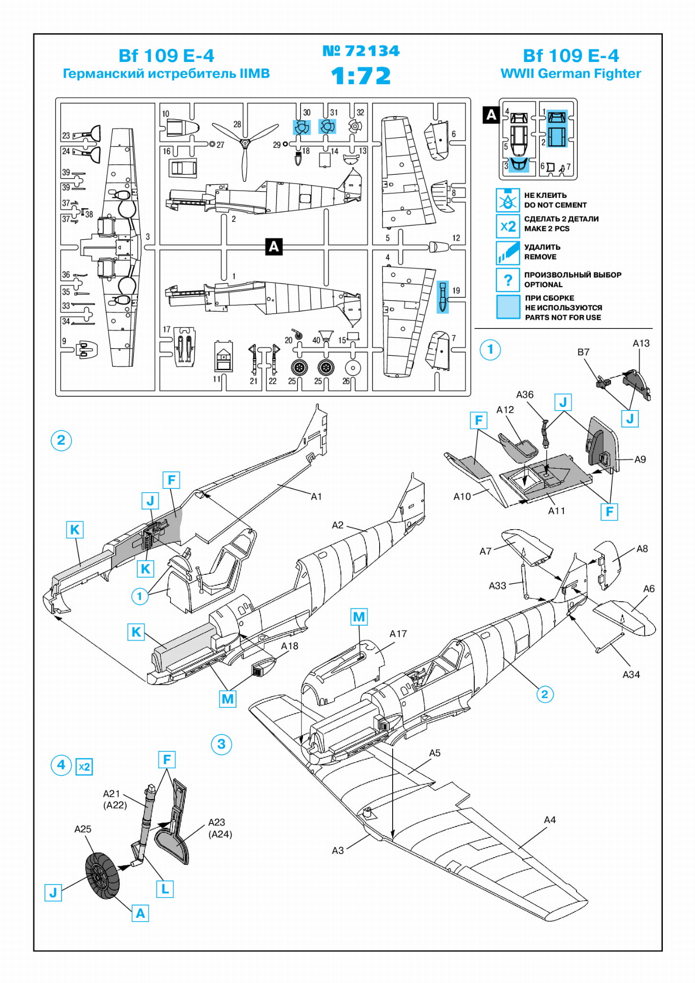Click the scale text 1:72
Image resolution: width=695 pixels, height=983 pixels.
pos(361,76)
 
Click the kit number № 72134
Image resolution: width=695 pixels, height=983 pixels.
pos(361,51)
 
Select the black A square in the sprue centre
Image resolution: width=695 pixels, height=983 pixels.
pos(274,246)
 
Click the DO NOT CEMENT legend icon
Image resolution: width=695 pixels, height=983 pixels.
pos(507,200)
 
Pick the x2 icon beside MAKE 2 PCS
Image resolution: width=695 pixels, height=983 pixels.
pos(507,226)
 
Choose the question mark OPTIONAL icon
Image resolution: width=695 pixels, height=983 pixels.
pos(507,279)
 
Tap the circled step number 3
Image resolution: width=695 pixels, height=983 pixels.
pos(221,744)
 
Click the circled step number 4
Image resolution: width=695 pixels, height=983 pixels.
pos(61,765)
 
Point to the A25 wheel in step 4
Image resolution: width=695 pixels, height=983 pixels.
pos(102,875)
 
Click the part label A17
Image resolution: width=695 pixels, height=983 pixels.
pos(398,634)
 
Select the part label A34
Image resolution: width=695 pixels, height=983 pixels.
pos(631,675)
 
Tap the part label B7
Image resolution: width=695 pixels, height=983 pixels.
pos(583,352)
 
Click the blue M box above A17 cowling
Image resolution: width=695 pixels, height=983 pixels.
pos(359,617)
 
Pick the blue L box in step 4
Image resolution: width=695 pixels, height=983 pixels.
pos(165,889)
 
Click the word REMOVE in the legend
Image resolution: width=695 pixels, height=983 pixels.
pos(540,257)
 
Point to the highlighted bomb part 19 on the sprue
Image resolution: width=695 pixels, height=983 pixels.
pos(443,296)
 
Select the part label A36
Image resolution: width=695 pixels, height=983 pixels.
pos(525,395)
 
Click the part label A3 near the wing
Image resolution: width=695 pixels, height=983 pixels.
pos(338,850)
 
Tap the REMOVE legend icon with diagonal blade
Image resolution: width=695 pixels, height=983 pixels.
pos(507,253)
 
